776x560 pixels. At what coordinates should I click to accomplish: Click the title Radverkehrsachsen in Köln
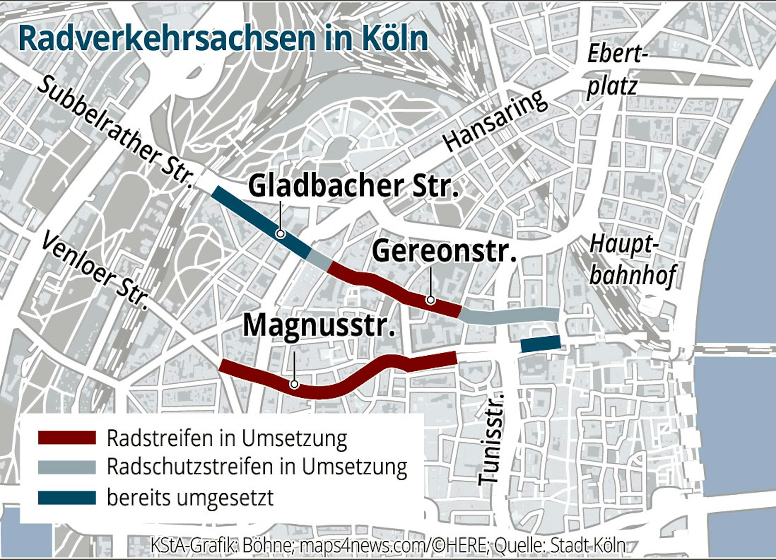(x=223, y=38)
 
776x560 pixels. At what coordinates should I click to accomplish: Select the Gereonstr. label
(x=444, y=251)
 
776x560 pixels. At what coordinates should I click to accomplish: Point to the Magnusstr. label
(x=319, y=325)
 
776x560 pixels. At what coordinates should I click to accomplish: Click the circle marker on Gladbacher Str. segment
(x=280, y=234)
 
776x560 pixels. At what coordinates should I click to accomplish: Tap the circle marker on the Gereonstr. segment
(x=430, y=300)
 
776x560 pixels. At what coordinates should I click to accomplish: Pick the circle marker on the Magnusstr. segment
(x=294, y=384)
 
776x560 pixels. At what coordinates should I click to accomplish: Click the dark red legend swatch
(x=67, y=438)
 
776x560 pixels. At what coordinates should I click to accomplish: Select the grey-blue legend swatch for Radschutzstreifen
(x=67, y=467)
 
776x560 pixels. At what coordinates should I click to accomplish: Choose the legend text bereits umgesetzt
(x=190, y=497)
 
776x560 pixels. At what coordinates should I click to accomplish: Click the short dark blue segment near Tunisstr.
(x=540, y=344)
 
